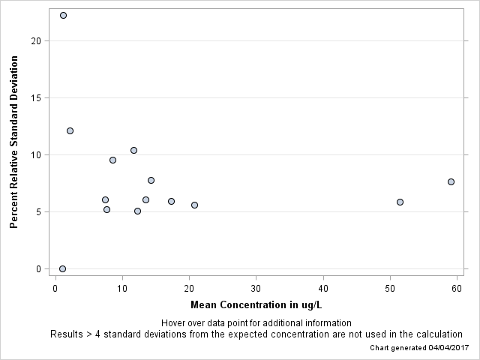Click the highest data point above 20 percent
pyautogui.click(x=63, y=15)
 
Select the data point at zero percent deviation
pyautogui.click(x=62, y=268)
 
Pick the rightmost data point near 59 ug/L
pyautogui.click(x=451, y=181)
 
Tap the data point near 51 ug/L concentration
pyautogui.click(x=400, y=202)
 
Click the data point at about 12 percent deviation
pyautogui.click(x=70, y=130)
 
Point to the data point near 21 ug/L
pyautogui.click(x=194, y=205)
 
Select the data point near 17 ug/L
pyautogui.click(x=171, y=201)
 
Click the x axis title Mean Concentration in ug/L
pyautogui.click(x=256, y=304)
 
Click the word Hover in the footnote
pyautogui.click(x=174, y=323)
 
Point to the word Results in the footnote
pyautogui.click(x=67, y=334)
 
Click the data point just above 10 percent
pyautogui.click(x=133, y=150)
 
